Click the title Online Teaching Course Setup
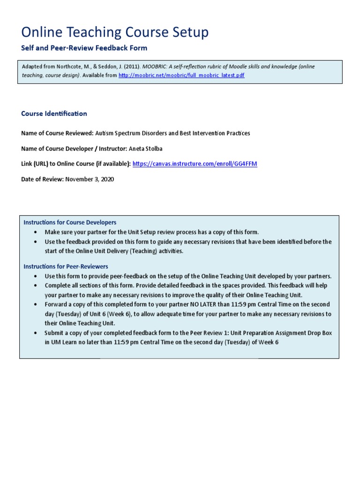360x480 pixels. pyautogui.click(x=115, y=32)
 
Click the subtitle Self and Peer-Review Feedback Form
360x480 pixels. pyautogui.click(x=84, y=48)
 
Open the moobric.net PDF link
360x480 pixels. pyautogui.click(x=181, y=75)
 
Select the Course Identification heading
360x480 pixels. pyautogui.click(x=54, y=113)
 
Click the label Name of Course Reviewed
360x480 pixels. pyautogui.click(x=57, y=133)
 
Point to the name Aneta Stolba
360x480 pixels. pyautogui.click(x=148, y=148)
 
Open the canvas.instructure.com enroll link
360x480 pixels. pyautogui.click(x=195, y=164)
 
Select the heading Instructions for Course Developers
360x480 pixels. pyautogui.click(x=70, y=222)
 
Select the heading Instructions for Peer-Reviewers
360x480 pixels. pyautogui.click(x=66, y=266)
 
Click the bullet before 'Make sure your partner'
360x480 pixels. pyautogui.click(x=37, y=232)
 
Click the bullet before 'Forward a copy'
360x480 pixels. pyautogui.click(x=37, y=304)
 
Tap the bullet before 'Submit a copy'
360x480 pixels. pyautogui.click(x=37, y=332)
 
